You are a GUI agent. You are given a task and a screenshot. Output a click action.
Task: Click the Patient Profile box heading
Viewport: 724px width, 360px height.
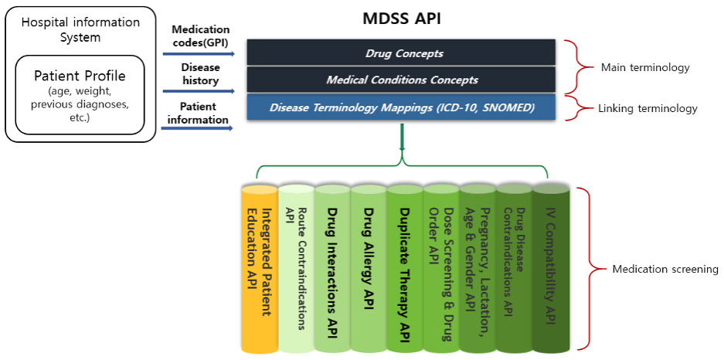click(80, 76)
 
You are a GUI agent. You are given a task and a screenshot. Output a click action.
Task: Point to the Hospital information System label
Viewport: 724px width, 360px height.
click(80, 29)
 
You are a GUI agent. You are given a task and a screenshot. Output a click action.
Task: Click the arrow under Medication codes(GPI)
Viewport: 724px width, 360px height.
click(199, 54)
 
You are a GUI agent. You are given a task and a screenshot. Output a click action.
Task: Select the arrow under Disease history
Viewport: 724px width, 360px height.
click(199, 91)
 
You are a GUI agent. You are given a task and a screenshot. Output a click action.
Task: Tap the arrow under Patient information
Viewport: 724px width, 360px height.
click(199, 128)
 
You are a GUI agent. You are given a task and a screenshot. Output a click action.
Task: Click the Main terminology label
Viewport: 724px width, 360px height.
click(645, 68)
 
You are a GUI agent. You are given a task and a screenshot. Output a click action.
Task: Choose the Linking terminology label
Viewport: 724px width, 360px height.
click(648, 109)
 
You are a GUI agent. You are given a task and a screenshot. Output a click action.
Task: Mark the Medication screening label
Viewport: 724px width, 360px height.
click(665, 269)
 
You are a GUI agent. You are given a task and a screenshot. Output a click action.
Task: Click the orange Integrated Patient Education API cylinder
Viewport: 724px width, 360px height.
click(260, 268)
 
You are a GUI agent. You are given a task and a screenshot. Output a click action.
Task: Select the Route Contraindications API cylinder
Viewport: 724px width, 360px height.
click(296, 268)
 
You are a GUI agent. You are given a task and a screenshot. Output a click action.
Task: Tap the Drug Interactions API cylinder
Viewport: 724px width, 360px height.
click(332, 268)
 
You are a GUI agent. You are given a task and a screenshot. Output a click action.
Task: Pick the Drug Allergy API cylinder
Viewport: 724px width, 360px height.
click(369, 268)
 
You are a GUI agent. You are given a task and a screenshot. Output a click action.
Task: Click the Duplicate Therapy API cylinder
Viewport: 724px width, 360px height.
click(405, 268)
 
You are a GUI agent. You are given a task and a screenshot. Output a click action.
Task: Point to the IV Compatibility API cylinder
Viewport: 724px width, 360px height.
click(551, 268)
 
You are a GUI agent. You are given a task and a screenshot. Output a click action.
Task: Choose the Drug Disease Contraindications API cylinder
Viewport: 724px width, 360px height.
click(515, 268)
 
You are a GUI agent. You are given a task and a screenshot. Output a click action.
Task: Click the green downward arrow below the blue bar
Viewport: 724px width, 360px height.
click(402, 137)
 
